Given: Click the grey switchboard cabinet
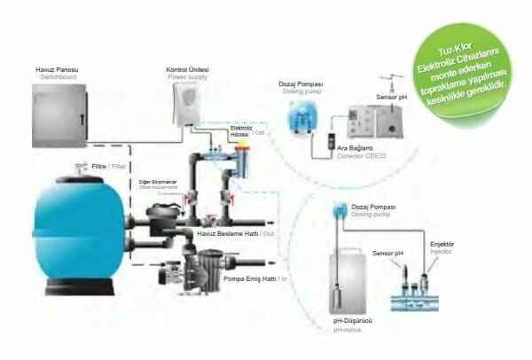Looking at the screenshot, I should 60,113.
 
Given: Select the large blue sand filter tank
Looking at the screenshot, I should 78,233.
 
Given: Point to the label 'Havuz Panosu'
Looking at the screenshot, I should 54,70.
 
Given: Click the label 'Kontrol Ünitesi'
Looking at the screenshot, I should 188,69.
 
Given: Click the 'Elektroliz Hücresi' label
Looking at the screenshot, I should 241,130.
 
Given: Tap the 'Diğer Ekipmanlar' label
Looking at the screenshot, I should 156,182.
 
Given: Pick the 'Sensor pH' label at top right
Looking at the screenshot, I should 390,97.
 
